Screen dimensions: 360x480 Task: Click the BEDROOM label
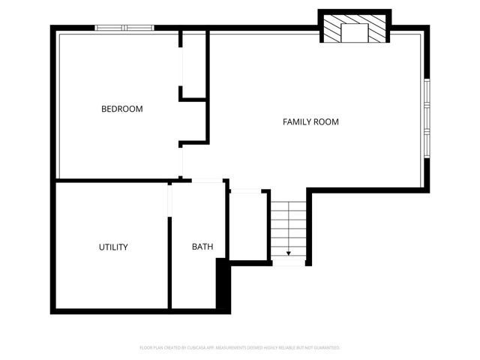121,109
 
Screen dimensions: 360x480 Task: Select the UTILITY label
113,247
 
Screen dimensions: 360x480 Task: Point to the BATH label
202,247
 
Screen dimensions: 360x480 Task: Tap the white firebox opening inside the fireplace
354,31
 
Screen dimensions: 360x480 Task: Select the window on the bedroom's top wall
124,28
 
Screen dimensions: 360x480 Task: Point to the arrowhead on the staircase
289,253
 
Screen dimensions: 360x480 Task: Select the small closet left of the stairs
247,225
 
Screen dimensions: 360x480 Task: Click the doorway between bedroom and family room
181,161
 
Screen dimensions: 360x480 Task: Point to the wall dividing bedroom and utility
112,181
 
